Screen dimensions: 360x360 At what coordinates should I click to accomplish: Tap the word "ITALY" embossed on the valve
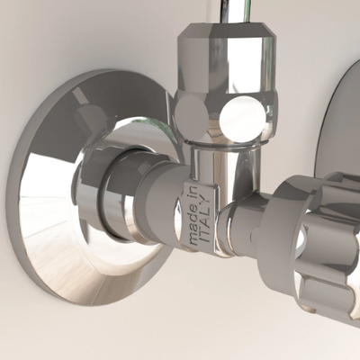pyautogui.click(x=205, y=219)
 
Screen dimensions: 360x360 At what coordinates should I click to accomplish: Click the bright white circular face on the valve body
pyautogui.click(x=243, y=119)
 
